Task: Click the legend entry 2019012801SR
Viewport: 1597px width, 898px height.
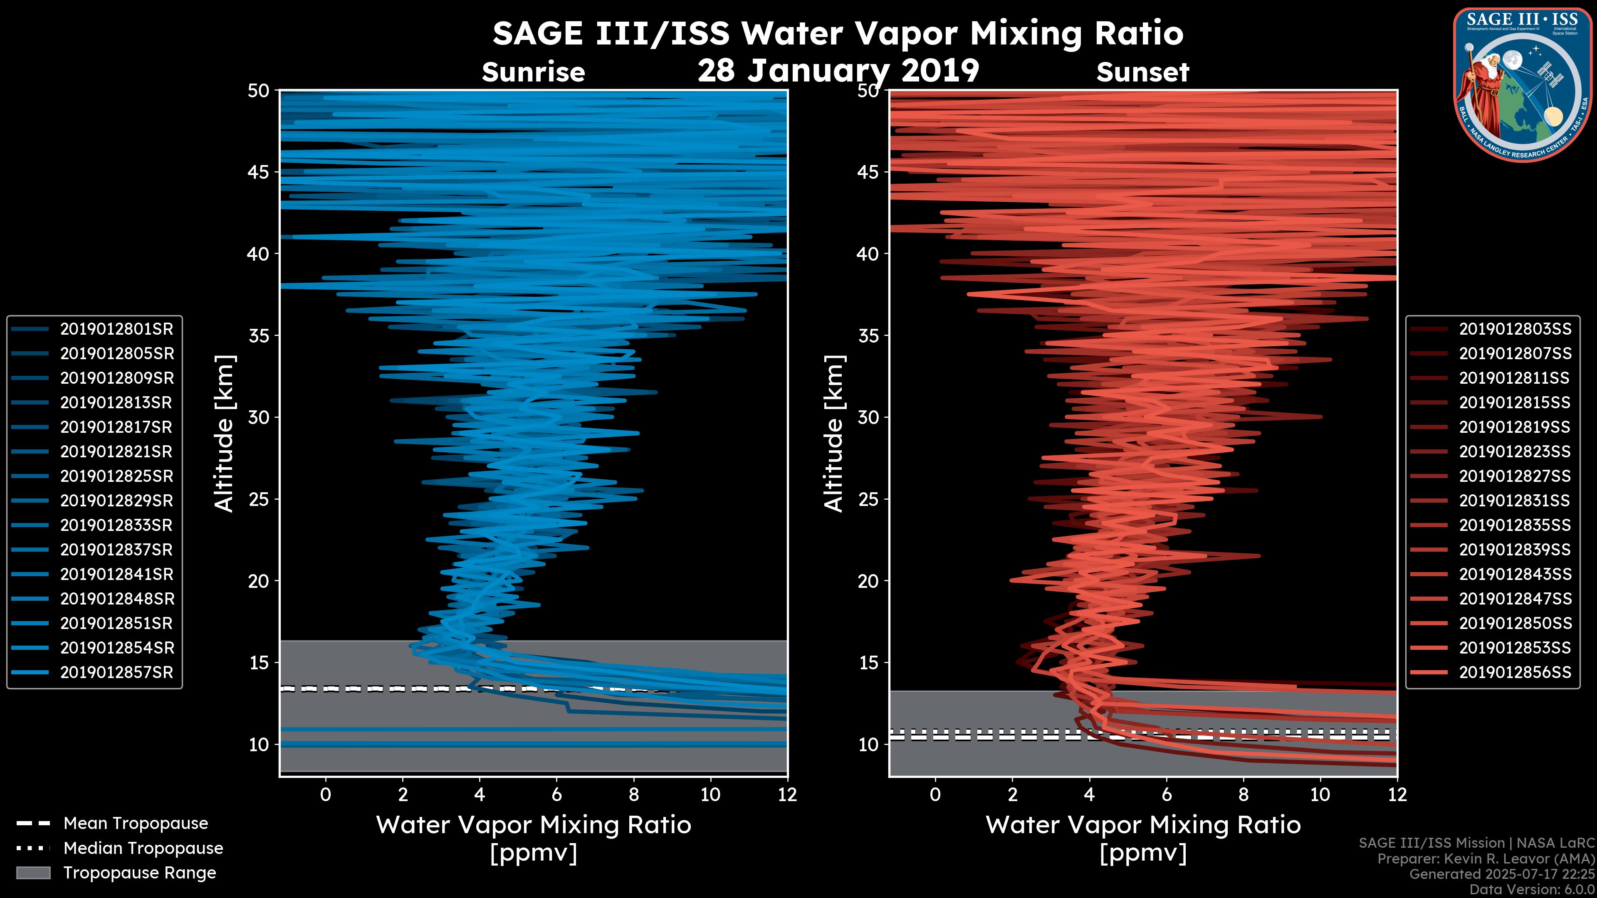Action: tap(116, 329)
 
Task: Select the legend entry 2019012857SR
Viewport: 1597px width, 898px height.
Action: tap(116, 672)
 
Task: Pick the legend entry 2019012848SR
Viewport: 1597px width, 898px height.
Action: tap(116, 599)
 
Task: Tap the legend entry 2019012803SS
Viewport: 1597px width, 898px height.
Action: tap(1515, 329)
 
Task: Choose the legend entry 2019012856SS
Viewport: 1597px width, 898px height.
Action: tap(1515, 672)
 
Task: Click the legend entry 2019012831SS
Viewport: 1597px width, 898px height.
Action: tap(1515, 501)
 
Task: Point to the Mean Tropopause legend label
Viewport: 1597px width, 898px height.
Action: tap(136, 823)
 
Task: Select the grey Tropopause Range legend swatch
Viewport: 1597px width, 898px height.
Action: tap(33, 873)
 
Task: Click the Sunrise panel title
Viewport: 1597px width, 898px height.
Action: tap(533, 72)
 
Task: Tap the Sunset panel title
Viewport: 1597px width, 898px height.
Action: tap(1142, 72)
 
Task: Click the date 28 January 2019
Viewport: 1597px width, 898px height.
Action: tap(838, 71)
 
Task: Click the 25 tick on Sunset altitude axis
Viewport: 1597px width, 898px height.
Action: tap(869, 499)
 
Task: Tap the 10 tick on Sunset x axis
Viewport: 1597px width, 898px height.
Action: tap(1320, 794)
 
